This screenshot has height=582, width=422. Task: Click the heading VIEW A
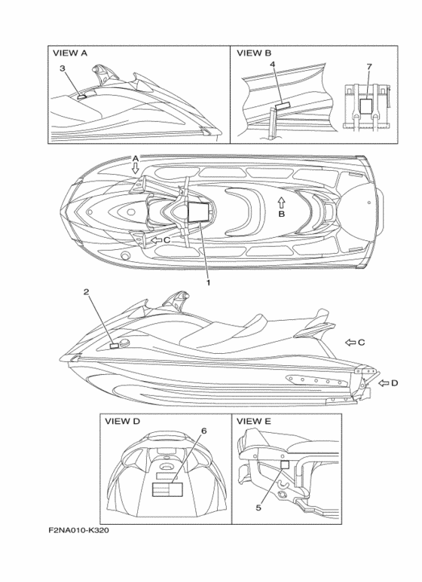point(70,53)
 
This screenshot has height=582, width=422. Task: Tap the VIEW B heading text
point(254,53)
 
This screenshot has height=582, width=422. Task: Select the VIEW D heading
point(122,422)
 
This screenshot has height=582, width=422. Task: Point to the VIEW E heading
point(254,422)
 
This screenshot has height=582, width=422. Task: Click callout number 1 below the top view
point(209,282)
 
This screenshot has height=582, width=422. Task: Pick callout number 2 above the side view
point(86,291)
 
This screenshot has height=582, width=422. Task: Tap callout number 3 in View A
point(63,69)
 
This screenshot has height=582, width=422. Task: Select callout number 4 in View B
point(273,64)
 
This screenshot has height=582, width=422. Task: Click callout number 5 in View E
point(258,507)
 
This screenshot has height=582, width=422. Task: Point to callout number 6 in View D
point(203,431)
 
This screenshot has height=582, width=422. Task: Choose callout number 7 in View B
point(369,67)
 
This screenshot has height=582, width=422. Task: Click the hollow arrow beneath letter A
point(136,169)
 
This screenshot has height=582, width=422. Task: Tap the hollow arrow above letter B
point(281,203)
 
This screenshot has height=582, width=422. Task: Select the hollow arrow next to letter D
point(384,382)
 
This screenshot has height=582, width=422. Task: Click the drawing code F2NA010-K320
point(79,530)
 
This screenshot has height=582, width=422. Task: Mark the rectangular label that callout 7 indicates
point(367,106)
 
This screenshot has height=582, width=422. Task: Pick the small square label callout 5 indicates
point(285,465)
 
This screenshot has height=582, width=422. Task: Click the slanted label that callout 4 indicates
point(284,106)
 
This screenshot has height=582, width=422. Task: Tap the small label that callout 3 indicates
point(81,97)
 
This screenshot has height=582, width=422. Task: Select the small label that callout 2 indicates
point(115,346)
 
